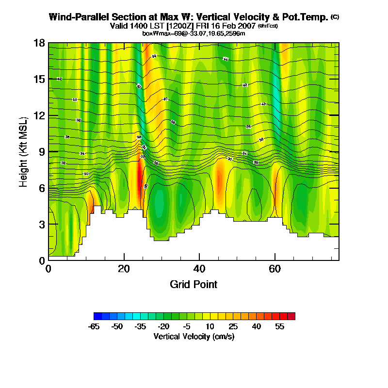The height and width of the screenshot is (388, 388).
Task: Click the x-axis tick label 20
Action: tap(124, 268)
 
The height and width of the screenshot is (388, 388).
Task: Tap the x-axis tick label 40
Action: tap(200, 268)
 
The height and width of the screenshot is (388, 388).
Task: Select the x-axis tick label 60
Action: tap(275, 268)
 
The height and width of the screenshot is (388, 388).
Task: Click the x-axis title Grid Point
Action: tap(194, 284)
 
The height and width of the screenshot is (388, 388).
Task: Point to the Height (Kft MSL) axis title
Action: tap(23, 151)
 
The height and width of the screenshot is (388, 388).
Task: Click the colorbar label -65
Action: tap(94, 326)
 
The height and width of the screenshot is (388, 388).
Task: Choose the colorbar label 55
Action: tap(279, 326)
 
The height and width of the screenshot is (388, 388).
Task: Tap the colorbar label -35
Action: tap(140, 326)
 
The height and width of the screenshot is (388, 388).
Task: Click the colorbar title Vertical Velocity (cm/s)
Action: tap(194, 336)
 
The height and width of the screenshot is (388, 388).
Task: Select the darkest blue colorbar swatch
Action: tap(97, 316)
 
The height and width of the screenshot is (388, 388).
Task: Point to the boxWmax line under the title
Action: tap(194, 33)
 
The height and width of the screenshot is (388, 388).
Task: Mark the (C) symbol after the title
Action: tap(335, 17)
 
